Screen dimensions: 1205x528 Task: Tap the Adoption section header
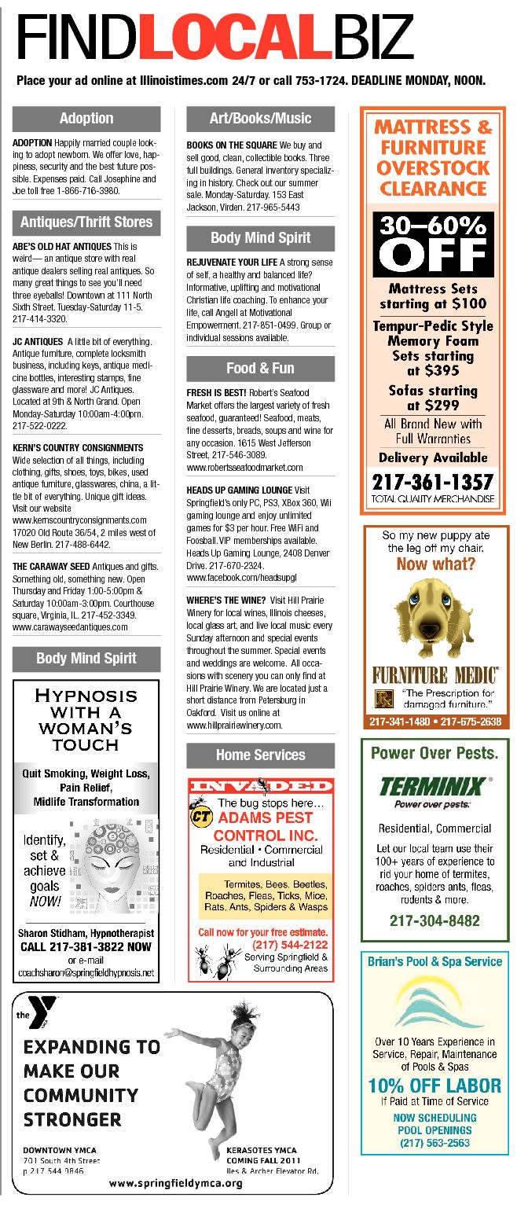click(x=86, y=119)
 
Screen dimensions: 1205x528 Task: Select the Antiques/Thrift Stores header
click(x=86, y=222)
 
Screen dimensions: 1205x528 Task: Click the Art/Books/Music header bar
click(x=260, y=119)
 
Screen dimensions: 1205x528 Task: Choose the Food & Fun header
click(x=260, y=368)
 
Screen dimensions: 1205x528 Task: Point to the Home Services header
click(x=260, y=755)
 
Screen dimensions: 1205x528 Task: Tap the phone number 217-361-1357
click(x=433, y=481)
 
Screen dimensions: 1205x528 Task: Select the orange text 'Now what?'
click(x=435, y=564)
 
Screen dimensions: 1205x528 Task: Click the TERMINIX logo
click(x=434, y=786)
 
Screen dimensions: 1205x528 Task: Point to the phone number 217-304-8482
click(x=434, y=920)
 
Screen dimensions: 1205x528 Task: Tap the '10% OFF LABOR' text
click(x=434, y=1086)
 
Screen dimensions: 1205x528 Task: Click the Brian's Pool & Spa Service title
click(x=434, y=961)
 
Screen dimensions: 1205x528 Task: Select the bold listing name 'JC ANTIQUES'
click(x=38, y=342)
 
